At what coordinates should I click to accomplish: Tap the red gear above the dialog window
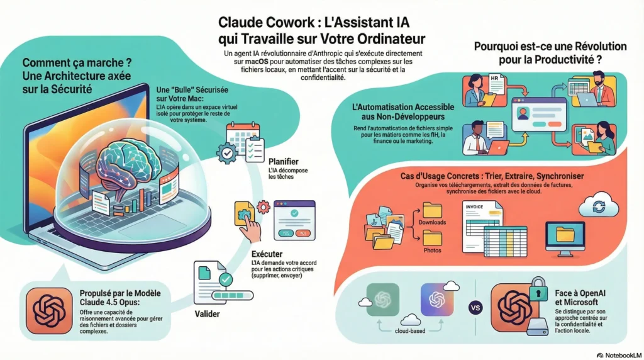[x=263, y=207]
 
